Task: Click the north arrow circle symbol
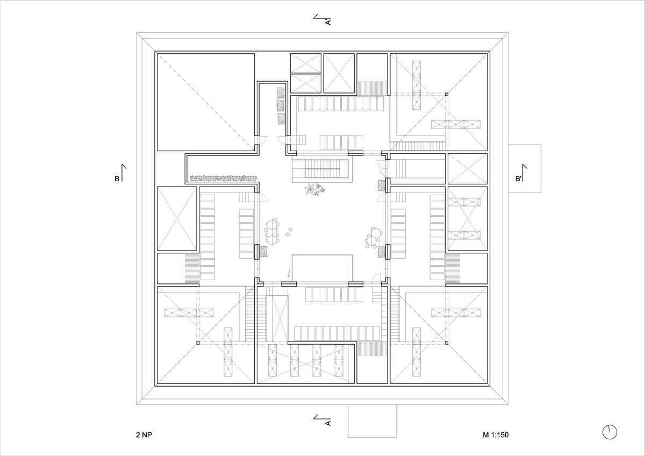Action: click(610, 440)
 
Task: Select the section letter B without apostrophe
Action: click(117, 179)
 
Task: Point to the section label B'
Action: click(518, 179)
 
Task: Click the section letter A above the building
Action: click(328, 22)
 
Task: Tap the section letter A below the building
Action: click(328, 423)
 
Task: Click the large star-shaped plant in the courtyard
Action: click(311, 189)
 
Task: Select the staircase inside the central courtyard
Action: click(322, 169)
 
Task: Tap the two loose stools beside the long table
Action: click(289, 232)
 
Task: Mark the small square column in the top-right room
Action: click(447, 94)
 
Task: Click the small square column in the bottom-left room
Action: click(198, 343)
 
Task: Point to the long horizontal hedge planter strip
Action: click(224, 179)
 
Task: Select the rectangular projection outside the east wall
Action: click(525, 168)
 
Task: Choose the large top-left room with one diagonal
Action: click(206, 102)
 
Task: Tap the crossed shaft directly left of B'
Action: click(468, 168)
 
